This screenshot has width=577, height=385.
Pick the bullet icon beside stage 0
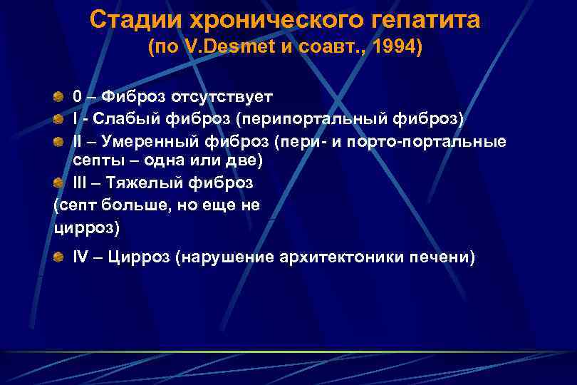coord(61,96)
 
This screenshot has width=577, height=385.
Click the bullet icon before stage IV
coord(61,257)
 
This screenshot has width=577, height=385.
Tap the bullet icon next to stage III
coord(61,183)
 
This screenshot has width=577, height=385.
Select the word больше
coord(134,205)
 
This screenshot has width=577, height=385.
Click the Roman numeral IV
coord(80,257)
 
